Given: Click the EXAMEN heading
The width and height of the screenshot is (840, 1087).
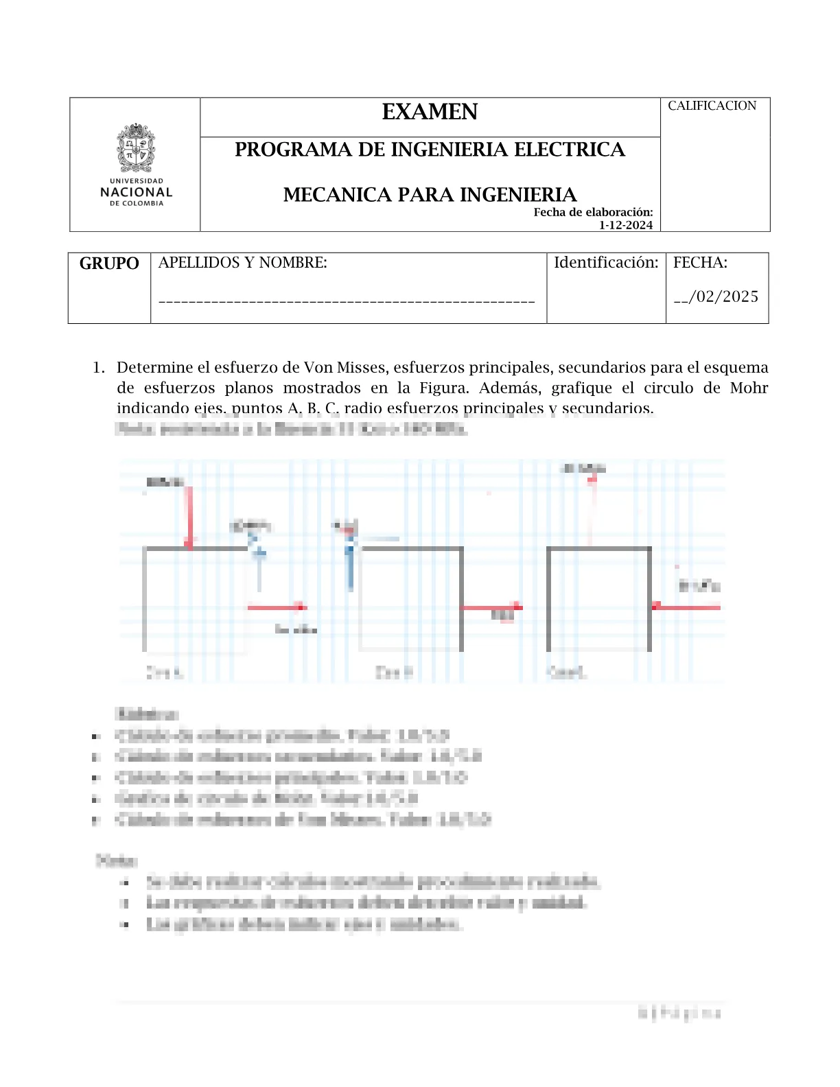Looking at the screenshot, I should (430, 112).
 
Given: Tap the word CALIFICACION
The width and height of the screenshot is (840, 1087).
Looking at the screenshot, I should (712, 106).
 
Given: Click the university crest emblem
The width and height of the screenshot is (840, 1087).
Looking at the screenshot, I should (136, 148).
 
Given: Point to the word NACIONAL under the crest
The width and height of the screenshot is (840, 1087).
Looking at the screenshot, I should (136, 192).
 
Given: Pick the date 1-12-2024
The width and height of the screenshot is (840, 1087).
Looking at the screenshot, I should (625, 225).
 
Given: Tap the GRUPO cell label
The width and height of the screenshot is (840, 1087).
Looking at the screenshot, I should (109, 264).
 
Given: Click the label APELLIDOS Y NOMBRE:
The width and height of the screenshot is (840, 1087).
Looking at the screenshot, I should (243, 263).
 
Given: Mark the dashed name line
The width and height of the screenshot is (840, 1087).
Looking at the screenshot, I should (347, 301).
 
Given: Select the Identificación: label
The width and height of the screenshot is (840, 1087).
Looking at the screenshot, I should (606, 263).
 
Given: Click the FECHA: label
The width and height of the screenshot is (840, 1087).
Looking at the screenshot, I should (700, 263).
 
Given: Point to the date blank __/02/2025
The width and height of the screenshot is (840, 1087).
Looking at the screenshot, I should (716, 296).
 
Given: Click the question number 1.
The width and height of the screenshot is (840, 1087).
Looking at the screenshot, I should (98, 368).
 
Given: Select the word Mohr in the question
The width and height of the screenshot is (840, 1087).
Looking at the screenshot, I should (749, 388).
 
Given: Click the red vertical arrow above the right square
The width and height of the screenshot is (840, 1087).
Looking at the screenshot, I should (592, 508).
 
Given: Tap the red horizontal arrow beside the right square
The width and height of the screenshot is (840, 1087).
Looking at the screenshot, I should (686, 607).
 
